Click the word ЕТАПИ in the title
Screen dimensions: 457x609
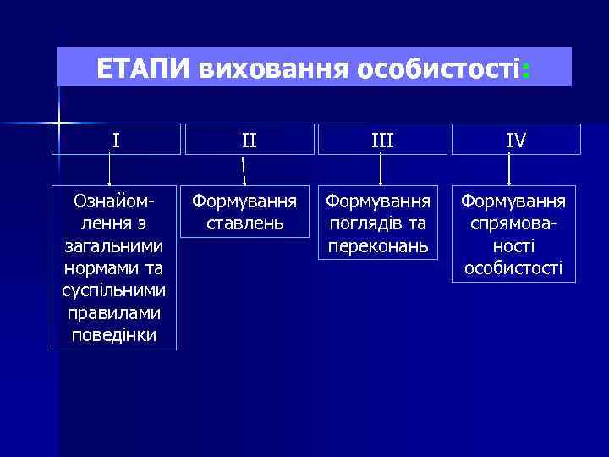tap(145, 68)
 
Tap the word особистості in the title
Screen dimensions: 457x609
tap(436, 68)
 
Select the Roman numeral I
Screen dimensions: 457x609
tap(115, 140)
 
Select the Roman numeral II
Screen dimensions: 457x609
tap(249, 140)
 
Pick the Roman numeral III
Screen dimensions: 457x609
tap(382, 140)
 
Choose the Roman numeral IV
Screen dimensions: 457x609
tap(515, 140)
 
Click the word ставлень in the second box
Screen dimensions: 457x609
tap(244, 224)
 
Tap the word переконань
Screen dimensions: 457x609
tap(381, 246)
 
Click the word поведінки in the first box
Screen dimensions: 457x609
tap(114, 335)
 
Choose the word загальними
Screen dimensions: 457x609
tap(114, 246)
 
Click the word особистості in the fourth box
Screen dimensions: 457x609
tap(513, 269)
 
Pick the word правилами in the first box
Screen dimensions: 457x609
tap(114, 313)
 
